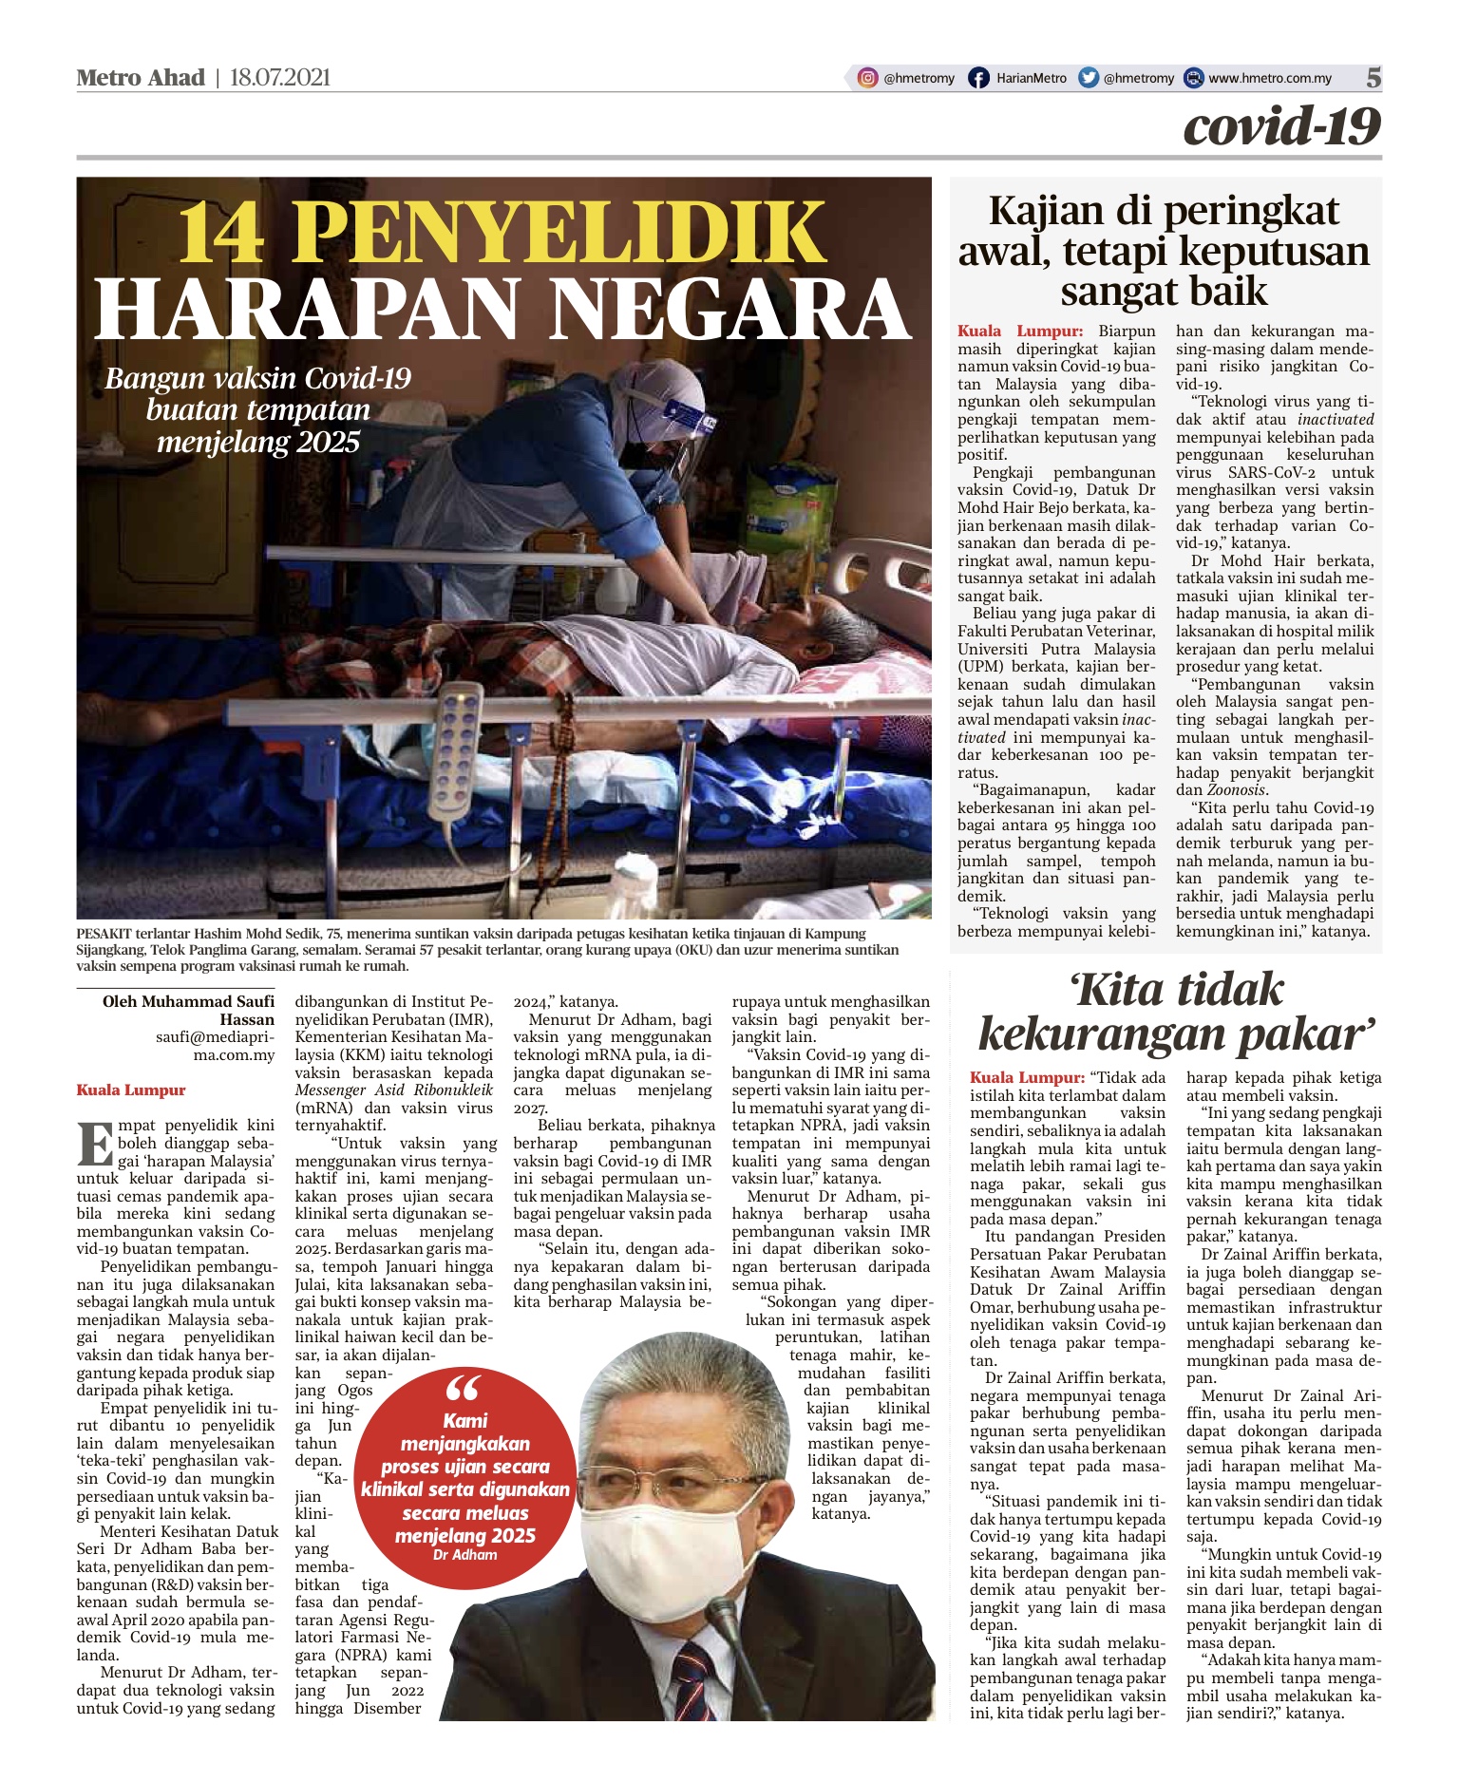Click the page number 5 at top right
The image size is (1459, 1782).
pos(1373,78)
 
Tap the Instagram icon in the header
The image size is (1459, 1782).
pos(867,78)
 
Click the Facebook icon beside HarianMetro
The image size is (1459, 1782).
pos(977,78)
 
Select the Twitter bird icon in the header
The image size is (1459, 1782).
pos(1089,78)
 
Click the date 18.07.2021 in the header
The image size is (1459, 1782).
pos(280,78)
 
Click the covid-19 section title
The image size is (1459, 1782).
pos(1281,126)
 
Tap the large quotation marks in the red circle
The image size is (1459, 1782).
pos(464,1389)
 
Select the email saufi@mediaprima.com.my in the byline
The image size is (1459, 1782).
pos(216,1046)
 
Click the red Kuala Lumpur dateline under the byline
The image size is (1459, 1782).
pos(131,1090)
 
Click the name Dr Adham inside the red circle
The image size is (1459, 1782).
pos(464,1555)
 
